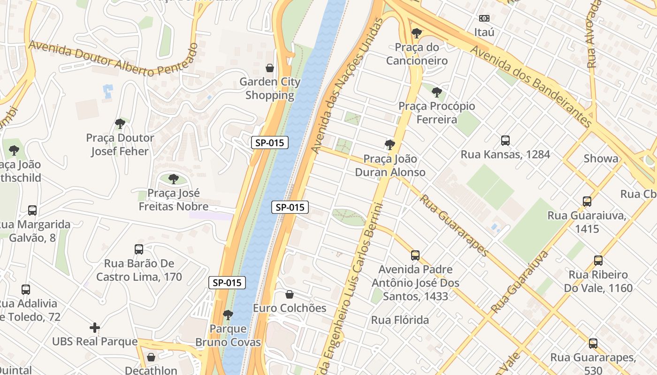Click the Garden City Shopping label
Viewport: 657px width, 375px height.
(270, 89)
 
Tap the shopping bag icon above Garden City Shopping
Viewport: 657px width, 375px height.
(270, 68)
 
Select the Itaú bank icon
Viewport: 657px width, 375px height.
(484, 18)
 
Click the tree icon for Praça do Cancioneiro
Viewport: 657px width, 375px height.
(416, 33)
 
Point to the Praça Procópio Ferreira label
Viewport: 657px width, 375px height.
(436, 113)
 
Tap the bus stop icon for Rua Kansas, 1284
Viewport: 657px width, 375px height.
(505, 140)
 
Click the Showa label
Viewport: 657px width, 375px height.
(601, 158)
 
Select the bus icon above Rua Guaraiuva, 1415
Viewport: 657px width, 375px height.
(587, 201)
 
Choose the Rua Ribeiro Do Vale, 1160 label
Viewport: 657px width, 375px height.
(598, 281)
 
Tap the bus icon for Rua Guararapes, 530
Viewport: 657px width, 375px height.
(593, 343)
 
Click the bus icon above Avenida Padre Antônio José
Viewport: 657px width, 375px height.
(415, 255)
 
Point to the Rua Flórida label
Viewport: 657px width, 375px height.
(400, 320)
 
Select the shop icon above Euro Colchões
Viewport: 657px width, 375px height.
(290, 294)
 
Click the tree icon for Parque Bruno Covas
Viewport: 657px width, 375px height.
(228, 315)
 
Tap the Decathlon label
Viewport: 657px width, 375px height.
(151, 370)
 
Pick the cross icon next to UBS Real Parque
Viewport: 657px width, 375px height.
(95, 327)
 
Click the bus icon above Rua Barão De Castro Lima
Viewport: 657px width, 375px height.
(139, 249)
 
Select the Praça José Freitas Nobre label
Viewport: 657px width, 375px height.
(174, 200)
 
